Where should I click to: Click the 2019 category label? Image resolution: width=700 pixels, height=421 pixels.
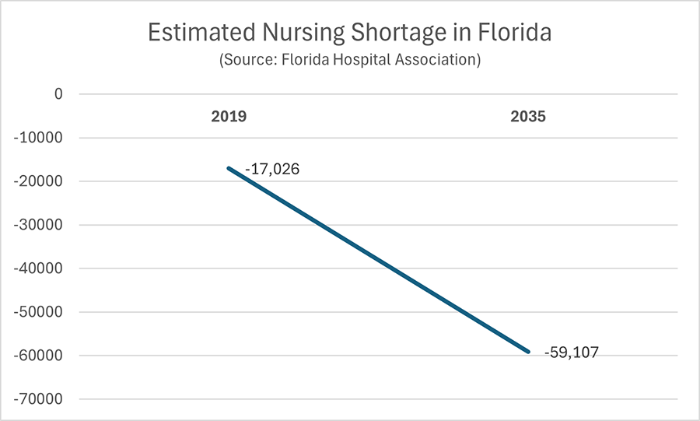[x=229, y=118]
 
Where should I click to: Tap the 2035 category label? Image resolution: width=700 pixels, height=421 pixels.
[x=528, y=118]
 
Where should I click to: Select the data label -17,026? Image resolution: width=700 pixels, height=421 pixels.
[x=272, y=169]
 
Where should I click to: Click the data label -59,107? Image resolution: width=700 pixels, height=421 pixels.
[x=572, y=353]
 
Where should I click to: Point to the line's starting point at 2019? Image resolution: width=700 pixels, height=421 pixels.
[x=229, y=168]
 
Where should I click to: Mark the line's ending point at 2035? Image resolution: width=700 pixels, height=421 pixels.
[x=528, y=352]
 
